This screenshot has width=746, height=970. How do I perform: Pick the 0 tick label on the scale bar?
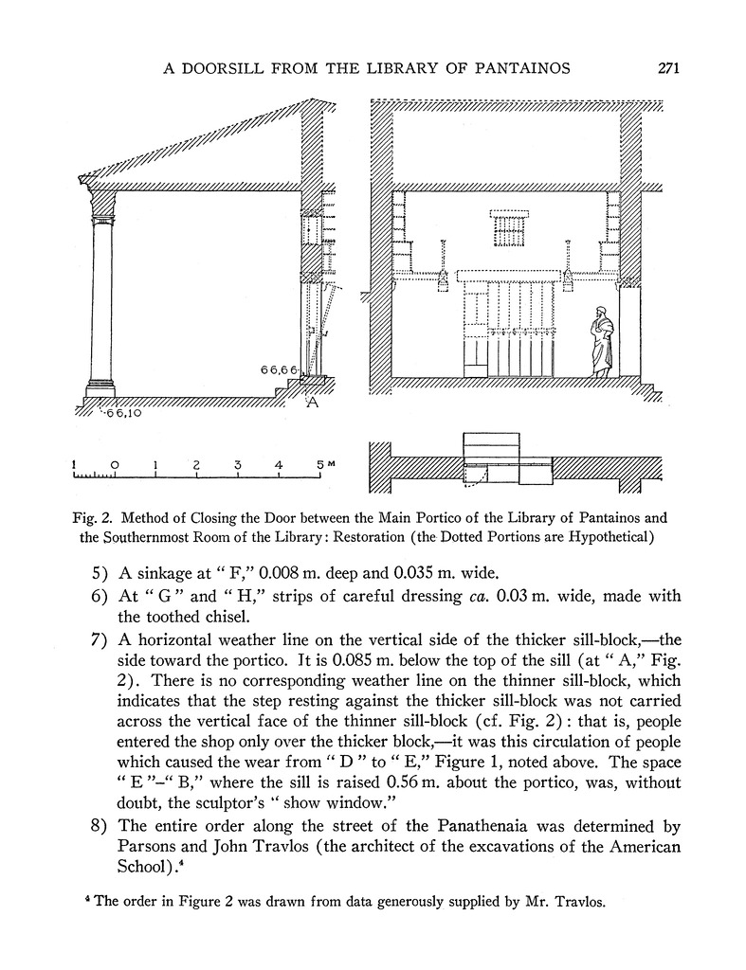click(x=115, y=465)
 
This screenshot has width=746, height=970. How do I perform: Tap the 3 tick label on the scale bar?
click(x=238, y=465)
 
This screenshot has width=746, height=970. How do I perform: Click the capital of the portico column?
click(x=101, y=202)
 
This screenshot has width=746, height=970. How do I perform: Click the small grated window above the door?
click(x=508, y=227)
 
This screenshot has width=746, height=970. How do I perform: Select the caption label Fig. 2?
click(x=92, y=518)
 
